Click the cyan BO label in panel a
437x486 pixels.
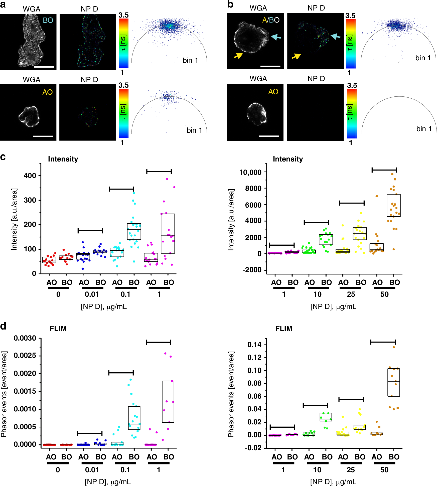tap(48, 20)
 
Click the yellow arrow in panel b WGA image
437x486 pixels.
tap(238, 56)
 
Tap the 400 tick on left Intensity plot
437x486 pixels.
tap(30, 176)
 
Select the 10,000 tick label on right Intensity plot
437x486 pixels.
tap(250, 172)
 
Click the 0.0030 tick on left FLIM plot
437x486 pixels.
tap(25, 338)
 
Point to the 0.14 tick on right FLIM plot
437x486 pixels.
tap(254, 345)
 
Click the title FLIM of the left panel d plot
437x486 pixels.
tap(58, 329)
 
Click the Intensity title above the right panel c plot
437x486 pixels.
tap(288, 159)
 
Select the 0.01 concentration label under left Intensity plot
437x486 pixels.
tap(92, 294)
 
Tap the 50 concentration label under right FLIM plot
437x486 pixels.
tap(384, 470)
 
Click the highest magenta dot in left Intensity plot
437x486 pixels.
tap(167, 179)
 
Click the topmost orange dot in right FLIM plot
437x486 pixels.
tap(394, 347)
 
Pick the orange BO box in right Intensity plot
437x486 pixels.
tap(393, 205)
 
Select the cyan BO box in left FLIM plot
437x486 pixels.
tap(134, 418)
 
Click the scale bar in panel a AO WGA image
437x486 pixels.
tap(43, 136)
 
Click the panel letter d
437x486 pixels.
tap(3, 327)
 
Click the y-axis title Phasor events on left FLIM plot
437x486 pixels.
tap(4, 394)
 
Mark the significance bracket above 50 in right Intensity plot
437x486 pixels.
tap(384, 170)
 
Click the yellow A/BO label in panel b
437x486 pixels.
tap(270, 20)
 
